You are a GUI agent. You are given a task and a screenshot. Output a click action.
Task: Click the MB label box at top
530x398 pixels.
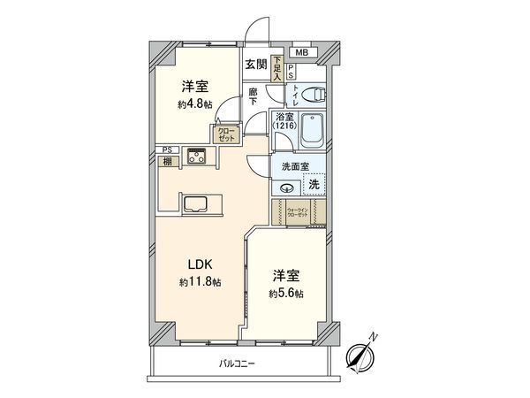(x=302, y=52)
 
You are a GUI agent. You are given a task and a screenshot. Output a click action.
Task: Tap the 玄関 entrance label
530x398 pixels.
(x=256, y=64)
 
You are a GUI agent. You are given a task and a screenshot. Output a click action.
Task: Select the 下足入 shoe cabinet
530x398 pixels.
(x=277, y=69)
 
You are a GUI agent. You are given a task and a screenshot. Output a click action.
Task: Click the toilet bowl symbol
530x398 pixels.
(x=310, y=93)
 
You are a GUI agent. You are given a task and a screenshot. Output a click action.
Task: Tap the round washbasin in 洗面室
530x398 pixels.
(x=287, y=187)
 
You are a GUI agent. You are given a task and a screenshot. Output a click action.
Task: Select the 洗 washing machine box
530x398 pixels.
(x=313, y=185)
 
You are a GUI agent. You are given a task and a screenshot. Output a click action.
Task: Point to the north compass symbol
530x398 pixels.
(x=360, y=356)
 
